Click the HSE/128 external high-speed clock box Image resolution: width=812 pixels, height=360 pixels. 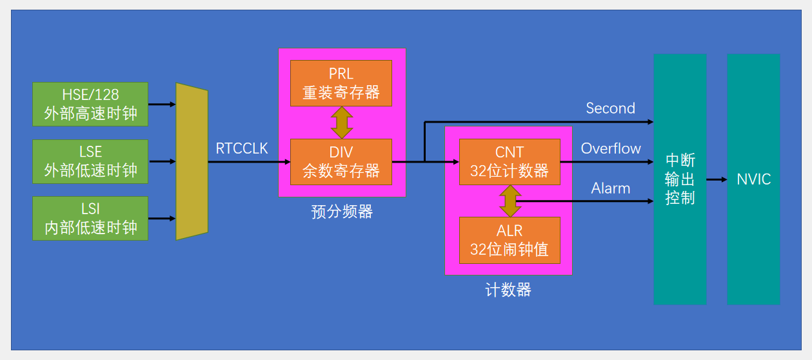[90, 104]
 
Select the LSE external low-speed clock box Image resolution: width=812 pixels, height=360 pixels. [90, 161]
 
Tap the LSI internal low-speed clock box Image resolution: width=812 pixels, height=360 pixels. [90, 218]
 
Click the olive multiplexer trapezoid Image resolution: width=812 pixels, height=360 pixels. [192, 161]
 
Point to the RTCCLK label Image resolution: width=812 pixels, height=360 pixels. [242, 149]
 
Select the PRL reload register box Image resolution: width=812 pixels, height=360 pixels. [341, 83]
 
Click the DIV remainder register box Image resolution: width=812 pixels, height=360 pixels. [341, 162]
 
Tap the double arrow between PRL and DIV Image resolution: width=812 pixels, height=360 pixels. [341, 123]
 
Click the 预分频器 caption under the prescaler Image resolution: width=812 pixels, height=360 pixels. [342, 212]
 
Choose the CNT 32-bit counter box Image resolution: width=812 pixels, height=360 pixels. [510, 162]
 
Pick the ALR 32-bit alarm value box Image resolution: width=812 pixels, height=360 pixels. [510, 240]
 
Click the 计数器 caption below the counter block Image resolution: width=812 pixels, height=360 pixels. [508, 290]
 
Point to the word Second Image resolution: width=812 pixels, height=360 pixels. [610, 108]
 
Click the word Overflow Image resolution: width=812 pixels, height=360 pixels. [611, 148]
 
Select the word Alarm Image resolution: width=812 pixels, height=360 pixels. [611, 188]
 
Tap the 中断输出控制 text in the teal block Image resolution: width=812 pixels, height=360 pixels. [680, 179]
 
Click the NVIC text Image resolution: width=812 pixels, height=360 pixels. [753, 179]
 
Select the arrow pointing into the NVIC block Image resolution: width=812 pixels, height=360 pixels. [717, 179]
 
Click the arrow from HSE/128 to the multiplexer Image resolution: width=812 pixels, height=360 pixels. [162, 104]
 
